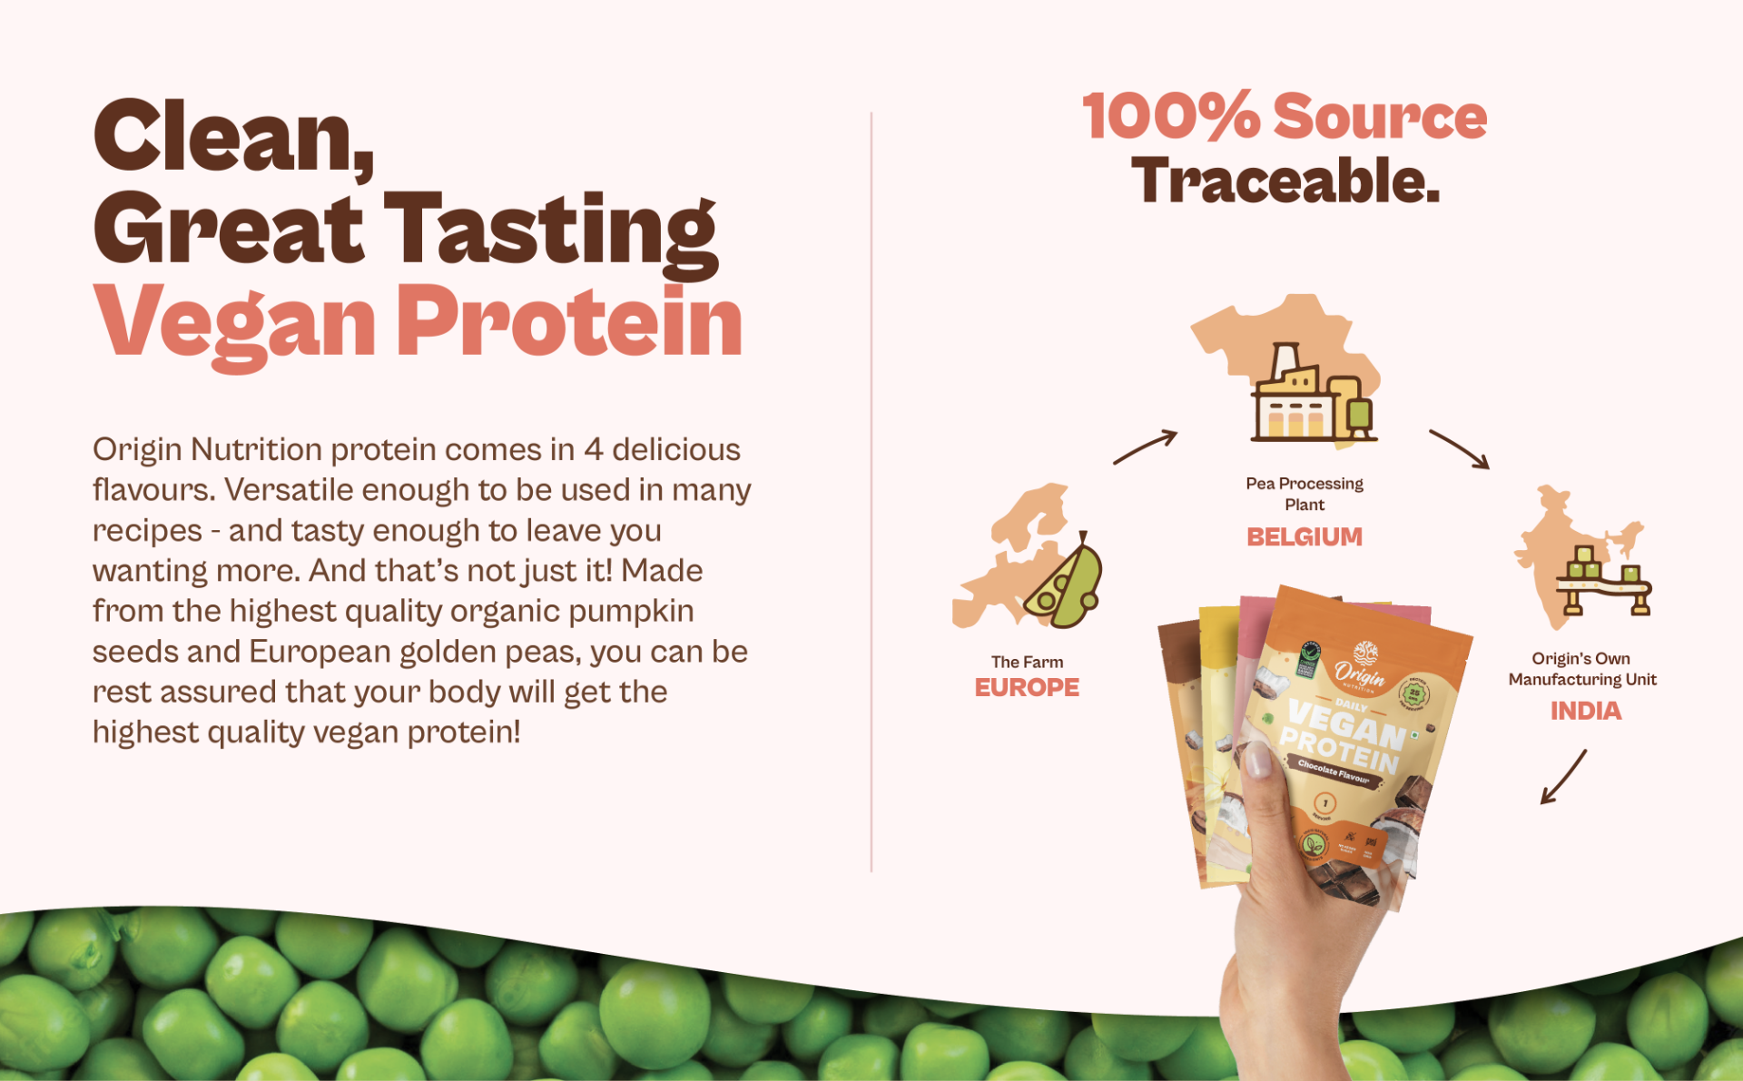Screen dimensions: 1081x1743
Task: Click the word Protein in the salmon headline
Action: [569, 321]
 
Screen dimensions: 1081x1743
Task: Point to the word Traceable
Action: [1285, 182]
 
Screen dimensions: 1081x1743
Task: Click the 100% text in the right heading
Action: [1171, 117]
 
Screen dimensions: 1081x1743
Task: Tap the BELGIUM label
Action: [1304, 537]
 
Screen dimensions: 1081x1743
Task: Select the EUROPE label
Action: [1027, 688]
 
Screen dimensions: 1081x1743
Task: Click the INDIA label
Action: [1585, 711]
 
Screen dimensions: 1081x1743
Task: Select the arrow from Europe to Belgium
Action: [1145, 447]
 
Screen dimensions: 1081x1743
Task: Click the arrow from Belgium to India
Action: [1460, 449]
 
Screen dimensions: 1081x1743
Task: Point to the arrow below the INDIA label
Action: [1563, 777]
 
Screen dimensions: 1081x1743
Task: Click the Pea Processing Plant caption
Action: [1305, 494]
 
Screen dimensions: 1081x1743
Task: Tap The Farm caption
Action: [1027, 663]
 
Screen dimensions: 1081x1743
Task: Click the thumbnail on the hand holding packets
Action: [1257, 761]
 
